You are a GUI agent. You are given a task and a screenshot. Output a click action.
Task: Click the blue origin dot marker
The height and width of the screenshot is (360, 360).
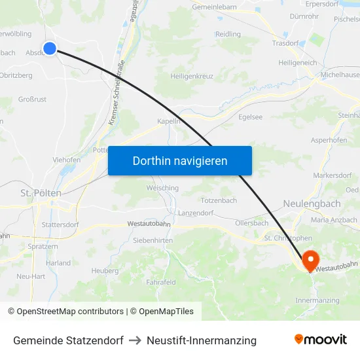tap(50, 48)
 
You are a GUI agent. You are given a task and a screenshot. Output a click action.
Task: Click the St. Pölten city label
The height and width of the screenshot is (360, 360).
tap(41, 193)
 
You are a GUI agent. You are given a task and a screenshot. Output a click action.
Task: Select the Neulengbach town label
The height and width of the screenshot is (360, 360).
tap(312, 204)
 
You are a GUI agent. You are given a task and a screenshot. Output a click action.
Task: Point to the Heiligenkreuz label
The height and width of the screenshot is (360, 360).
tap(192, 77)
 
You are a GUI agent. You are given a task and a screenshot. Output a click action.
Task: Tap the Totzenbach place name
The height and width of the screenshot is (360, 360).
tap(219, 200)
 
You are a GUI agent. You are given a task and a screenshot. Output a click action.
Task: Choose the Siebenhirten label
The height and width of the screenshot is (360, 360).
tap(153, 241)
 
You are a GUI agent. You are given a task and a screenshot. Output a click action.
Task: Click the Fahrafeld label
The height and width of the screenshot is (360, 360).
tap(161, 282)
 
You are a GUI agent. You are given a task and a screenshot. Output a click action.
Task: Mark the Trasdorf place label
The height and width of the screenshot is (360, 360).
tap(285, 43)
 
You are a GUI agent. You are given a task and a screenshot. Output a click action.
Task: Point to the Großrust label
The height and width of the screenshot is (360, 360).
tap(32, 99)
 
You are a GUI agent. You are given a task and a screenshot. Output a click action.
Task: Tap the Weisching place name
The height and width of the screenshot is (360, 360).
tap(162, 188)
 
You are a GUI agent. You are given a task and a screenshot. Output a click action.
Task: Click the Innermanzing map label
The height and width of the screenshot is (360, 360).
tap(317, 300)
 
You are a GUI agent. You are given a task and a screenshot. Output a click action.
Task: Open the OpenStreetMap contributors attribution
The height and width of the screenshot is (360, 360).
tap(65, 312)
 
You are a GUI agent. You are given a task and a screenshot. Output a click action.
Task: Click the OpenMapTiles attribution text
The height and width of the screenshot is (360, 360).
tap(162, 312)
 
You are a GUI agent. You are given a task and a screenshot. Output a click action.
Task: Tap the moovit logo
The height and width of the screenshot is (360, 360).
tap(321, 340)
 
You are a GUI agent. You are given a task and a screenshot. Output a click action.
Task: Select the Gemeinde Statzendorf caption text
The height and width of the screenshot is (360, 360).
tap(68, 340)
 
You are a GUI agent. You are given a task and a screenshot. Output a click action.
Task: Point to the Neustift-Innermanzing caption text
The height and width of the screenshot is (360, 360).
tap(202, 340)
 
